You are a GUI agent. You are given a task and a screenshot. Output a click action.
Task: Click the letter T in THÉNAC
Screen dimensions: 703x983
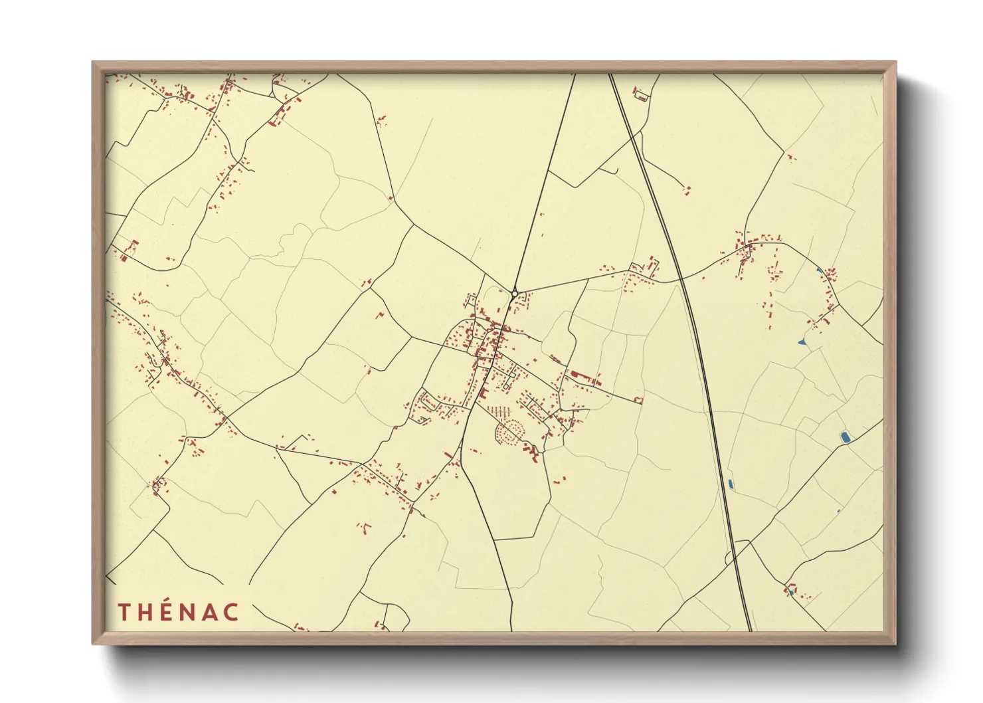124,612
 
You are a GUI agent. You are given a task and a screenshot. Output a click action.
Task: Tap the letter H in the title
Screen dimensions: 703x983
147,612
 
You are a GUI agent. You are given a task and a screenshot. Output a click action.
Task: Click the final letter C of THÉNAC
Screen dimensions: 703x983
231,612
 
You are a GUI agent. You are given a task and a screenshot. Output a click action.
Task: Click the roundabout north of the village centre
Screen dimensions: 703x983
515,293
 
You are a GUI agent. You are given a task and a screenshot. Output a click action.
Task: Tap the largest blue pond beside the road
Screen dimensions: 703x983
845,437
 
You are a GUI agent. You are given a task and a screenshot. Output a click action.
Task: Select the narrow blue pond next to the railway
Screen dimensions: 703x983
731,484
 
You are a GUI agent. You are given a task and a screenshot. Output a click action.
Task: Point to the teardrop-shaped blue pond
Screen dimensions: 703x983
802,342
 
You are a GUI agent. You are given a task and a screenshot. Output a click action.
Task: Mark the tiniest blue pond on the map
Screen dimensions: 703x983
838,511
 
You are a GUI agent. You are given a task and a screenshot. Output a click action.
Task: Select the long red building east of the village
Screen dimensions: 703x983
581,375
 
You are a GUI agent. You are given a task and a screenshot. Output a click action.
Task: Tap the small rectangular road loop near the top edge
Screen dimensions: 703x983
641,97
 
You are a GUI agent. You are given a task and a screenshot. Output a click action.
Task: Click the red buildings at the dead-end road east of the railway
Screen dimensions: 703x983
687,191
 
